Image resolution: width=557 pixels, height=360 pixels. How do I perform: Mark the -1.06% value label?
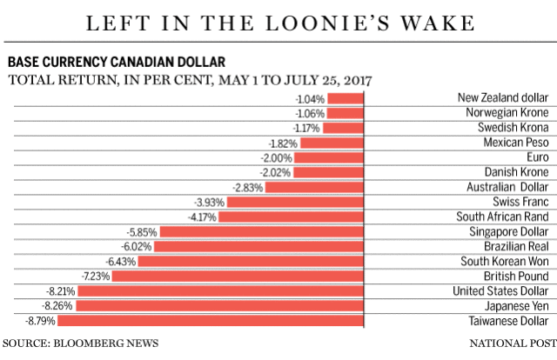coord(309,113)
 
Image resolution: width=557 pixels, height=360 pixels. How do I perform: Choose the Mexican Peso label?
coord(517,143)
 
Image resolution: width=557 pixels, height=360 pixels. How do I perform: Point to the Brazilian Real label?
coord(519,246)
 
